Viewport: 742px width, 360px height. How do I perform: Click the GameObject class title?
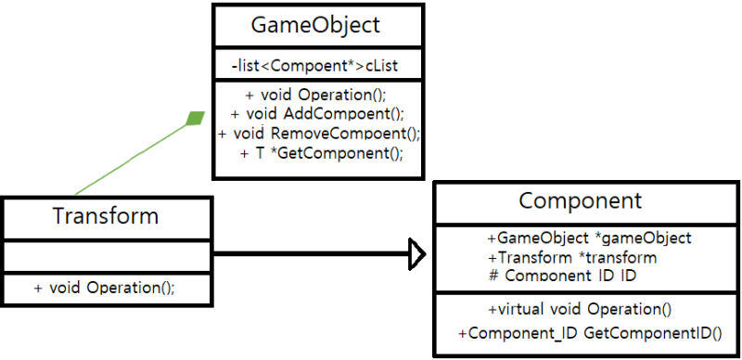click(315, 25)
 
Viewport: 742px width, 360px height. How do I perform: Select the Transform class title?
click(106, 216)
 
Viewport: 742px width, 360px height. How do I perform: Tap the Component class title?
click(580, 201)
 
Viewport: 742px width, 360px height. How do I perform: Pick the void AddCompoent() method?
click(319, 114)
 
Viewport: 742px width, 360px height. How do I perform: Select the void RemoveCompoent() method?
click(319, 134)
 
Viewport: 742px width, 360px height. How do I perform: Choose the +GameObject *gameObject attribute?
click(589, 238)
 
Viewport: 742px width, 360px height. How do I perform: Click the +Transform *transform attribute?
click(571, 257)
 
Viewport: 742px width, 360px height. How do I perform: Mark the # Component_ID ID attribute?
click(563, 276)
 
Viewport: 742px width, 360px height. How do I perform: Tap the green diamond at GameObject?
click(195, 118)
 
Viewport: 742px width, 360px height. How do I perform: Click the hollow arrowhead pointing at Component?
click(416, 252)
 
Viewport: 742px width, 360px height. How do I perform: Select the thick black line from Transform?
click(306, 252)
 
